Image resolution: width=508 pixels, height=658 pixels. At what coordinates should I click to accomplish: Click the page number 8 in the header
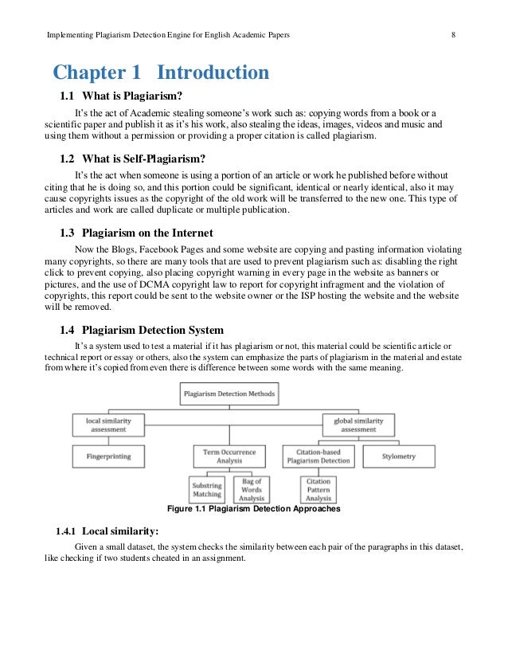pyautogui.click(x=452, y=35)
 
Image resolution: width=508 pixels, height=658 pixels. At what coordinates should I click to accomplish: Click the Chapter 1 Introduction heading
pyautogui.click(x=161, y=74)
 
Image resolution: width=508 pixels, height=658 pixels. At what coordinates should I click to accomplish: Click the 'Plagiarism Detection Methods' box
pyautogui.click(x=229, y=394)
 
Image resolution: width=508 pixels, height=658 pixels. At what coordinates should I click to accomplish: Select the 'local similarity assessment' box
pyautogui.click(x=109, y=424)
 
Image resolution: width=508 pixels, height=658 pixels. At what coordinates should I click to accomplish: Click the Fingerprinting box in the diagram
pyautogui.click(x=109, y=456)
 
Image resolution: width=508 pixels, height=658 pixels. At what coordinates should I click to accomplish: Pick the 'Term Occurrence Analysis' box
pyautogui.click(x=229, y=456)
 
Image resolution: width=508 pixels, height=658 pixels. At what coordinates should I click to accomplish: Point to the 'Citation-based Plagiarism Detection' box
pyautogui.click(x=318, y=456)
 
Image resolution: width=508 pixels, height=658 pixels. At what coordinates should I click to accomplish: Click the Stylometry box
pyautogui.click(x=398, y=456)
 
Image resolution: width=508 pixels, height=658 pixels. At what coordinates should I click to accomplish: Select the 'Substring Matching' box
pyautogui.click(x=207, y=488)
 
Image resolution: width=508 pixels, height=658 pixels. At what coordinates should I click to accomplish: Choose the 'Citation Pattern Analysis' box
pyautogui.click(x=318, y=488)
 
